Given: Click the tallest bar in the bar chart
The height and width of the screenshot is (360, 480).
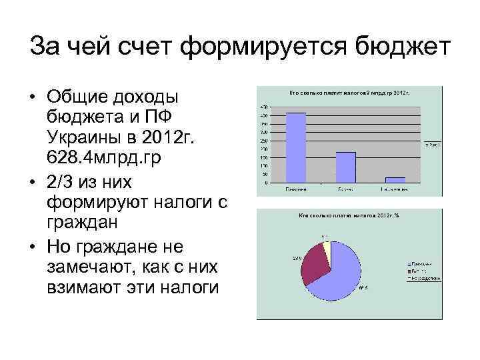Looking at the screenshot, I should click(x=296, y=147).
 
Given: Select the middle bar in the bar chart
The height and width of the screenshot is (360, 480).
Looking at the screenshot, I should click(x=345, y=167).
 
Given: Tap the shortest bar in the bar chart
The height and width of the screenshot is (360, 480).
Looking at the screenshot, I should click(x=395, y=179).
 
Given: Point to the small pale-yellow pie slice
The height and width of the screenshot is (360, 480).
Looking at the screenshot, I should click(x=326, y=249).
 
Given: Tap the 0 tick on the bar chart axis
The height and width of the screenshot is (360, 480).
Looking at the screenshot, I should click(x=266, y=182).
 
